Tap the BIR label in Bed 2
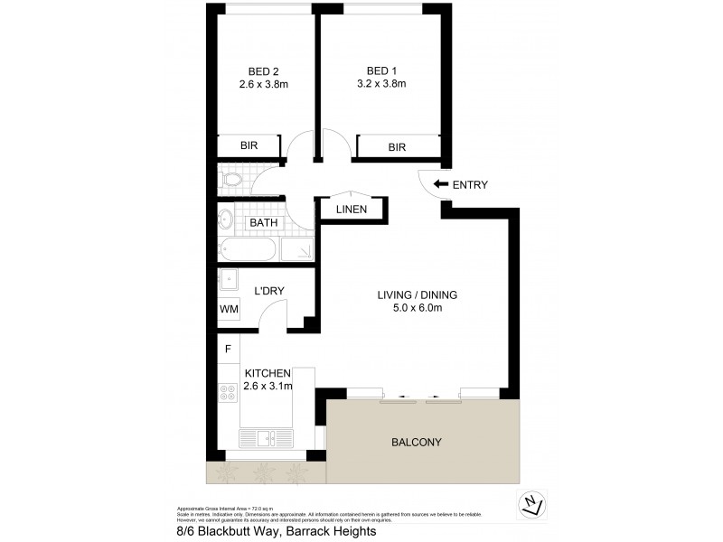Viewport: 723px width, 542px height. (249, 146)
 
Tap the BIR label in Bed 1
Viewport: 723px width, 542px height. (397, 147)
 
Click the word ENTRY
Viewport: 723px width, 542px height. (470, 185)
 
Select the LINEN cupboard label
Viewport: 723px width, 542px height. (351, 210)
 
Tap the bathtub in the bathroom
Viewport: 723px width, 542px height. (246, 250)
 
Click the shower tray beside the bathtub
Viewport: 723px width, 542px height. (296, 250)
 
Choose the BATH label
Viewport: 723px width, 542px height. (264, 222)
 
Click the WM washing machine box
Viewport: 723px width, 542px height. (228, 309)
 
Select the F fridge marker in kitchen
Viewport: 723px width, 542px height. (228, 348)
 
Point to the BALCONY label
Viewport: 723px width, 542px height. (416, 443)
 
